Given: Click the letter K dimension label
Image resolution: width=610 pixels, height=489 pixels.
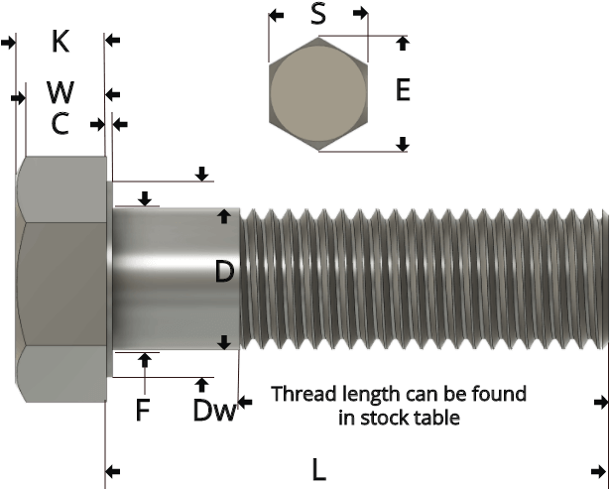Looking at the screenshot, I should click(62, 41).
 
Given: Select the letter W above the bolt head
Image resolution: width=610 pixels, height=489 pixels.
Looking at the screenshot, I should click(61, 94).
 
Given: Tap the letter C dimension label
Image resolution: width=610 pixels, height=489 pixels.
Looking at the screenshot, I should click(61, 124).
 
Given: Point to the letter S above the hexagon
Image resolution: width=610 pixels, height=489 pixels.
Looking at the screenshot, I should click(319, 14).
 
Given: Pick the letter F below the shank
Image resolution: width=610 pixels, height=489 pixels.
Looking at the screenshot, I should click(145, 409).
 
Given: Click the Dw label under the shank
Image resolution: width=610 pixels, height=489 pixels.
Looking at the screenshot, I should click(210, 411).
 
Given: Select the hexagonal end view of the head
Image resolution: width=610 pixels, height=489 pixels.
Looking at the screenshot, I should click(319, 94).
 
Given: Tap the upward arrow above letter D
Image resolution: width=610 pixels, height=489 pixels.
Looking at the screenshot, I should click(225, 215).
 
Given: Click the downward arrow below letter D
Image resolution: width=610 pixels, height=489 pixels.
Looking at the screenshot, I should click(225, 342).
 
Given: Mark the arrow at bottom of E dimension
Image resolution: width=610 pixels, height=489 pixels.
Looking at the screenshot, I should click(402, 145).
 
